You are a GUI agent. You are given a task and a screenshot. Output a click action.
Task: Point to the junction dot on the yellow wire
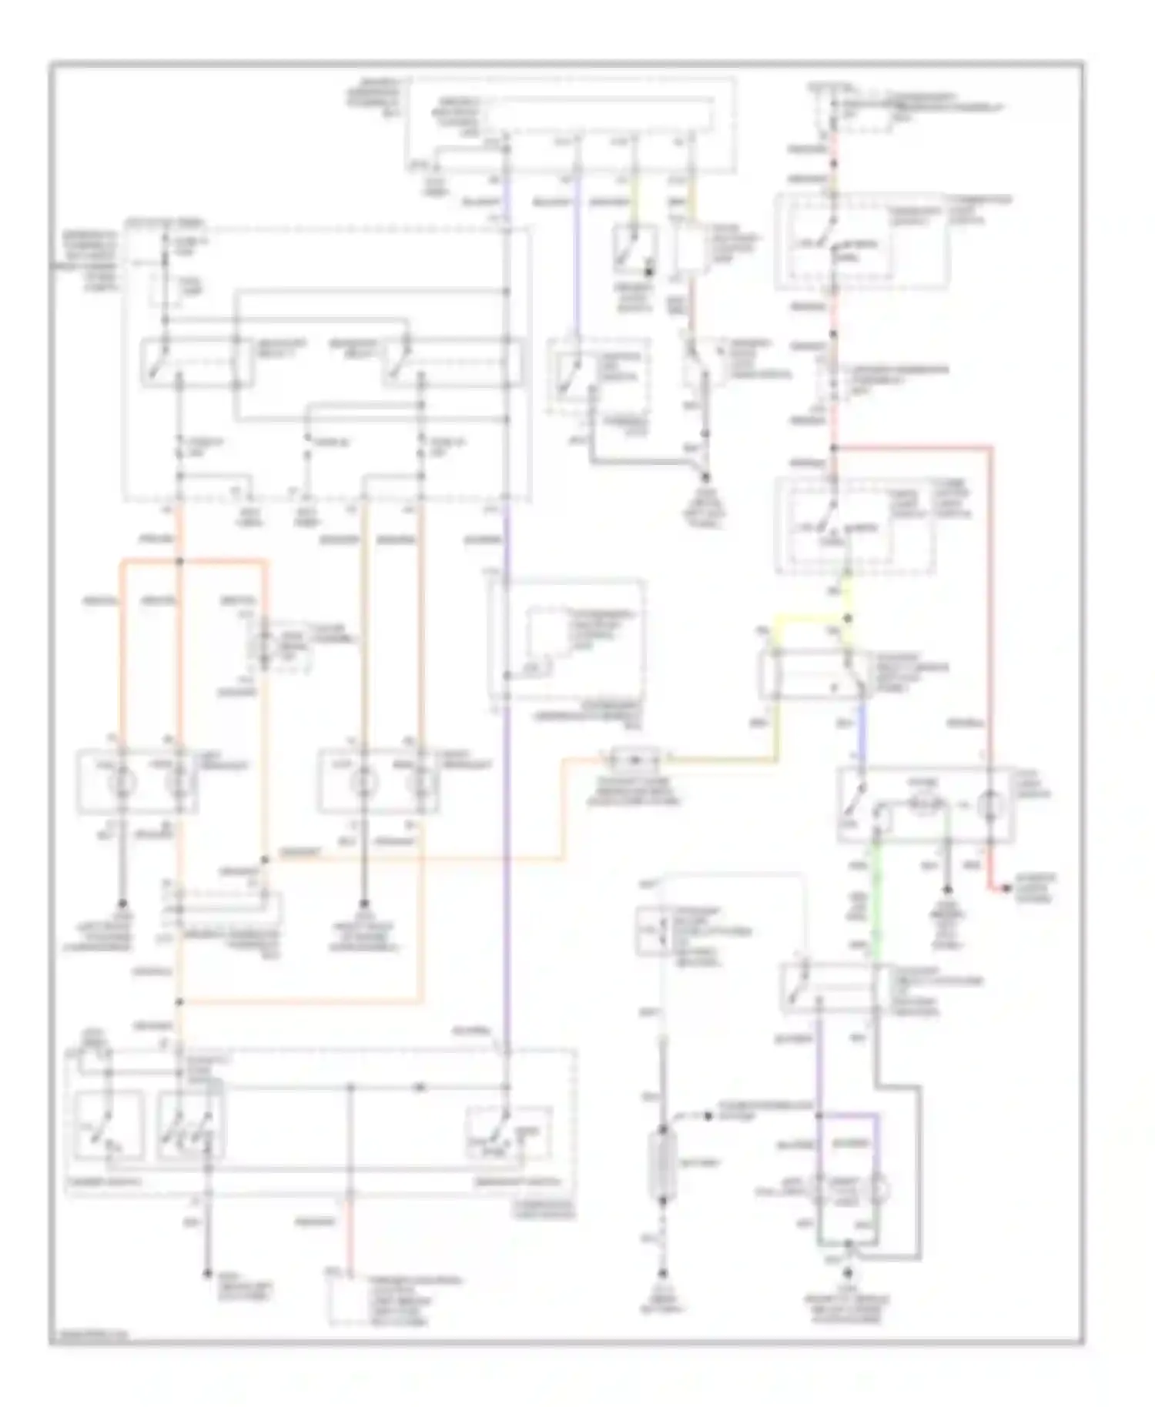coord(847,618)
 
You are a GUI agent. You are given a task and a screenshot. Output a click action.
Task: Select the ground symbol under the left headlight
coord(122,904)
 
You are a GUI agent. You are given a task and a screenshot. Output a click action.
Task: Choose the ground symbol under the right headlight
coord(364,904)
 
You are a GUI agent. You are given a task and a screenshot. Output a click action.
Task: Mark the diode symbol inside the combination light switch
coord(420,1088)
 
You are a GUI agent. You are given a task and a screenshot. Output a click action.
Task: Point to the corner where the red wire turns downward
coord(990,447)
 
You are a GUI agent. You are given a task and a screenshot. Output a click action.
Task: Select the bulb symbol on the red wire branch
coord(989,805)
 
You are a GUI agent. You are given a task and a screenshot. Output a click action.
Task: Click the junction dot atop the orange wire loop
coord(179,561)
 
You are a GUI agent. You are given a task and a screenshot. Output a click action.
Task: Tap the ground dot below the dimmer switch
coord(206,1274)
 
